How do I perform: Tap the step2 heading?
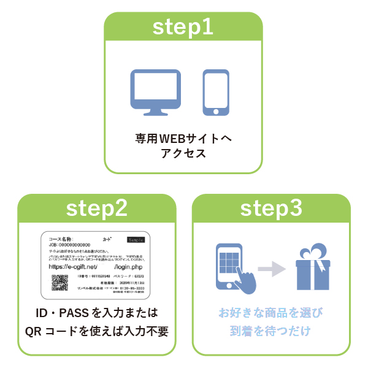tap(96, 208)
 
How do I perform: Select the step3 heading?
tap(271, 208)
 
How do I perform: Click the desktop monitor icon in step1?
tap(156, 92)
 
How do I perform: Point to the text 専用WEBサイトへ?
tap(183, 139)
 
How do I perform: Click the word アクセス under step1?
tap(183, 153)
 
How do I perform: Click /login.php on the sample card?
tap(133, 267)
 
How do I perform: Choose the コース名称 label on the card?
tap(59, 238)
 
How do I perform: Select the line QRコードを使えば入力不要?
tap(96, 331)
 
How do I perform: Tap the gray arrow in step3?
tap(271, 268)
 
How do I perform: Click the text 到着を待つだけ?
tap(271, 331)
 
